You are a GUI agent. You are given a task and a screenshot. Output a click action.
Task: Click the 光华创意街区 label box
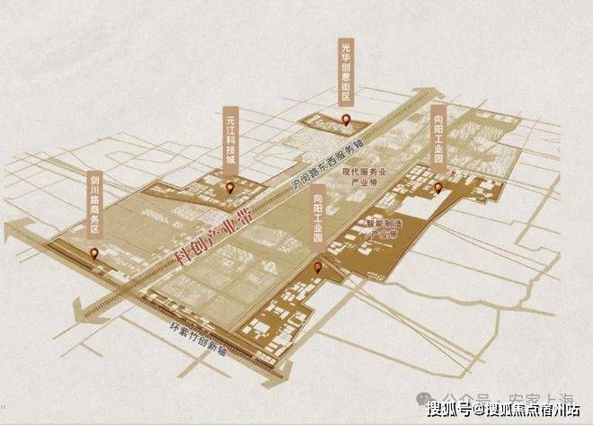(348, 71)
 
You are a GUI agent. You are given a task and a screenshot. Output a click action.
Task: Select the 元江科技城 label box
(231, 136)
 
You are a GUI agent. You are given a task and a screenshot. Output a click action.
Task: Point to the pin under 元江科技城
(231, 188)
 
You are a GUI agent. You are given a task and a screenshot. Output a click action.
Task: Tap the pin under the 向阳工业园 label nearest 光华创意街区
(438, 188)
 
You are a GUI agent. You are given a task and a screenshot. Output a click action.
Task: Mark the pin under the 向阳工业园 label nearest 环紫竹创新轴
(317, 267)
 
